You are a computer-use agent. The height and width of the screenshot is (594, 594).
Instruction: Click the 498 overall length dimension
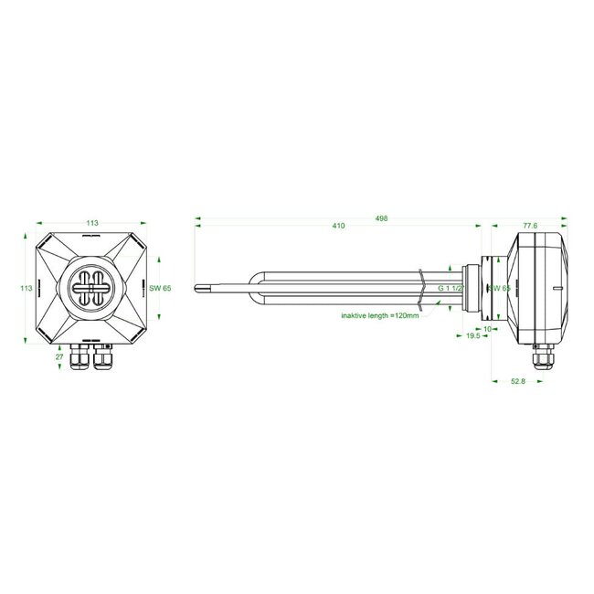[x=382, y=219]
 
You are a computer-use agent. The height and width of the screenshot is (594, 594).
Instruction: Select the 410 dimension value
[x=339, y=226]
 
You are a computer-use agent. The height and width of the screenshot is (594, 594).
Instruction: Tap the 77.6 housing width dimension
[x=530, y=226]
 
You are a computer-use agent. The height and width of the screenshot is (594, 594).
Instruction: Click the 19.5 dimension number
[x=473, y=337]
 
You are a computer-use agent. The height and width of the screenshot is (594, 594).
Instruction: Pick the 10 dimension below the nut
[x=487, y=327]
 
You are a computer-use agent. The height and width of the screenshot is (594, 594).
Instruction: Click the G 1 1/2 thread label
[x=451, y=289]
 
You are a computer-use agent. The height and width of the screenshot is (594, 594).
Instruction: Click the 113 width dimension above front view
[x=93, y=222]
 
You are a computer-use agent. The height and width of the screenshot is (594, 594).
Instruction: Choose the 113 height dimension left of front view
[x=26, y=289]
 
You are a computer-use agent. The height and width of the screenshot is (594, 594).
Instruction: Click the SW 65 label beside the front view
[x=160, y=289]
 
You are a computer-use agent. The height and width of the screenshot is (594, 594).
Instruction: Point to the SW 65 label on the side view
[x=499, y=289]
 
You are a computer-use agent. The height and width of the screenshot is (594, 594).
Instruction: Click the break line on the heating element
[x=419, y=287]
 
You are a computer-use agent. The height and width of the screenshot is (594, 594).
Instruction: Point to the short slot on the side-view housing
[x=555, y=289]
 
